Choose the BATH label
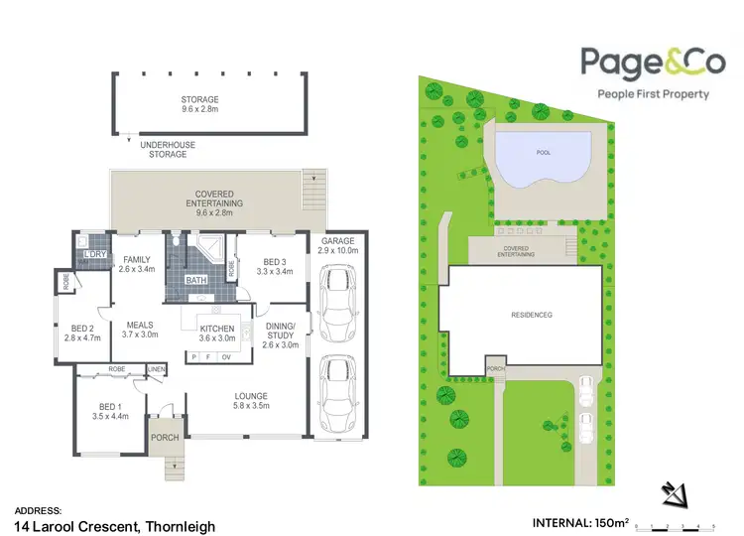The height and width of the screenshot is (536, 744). (198, 280)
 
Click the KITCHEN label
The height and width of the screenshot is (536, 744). (217, 329)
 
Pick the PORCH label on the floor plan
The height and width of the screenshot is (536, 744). (164, 436)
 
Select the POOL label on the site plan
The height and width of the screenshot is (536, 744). (543, 154)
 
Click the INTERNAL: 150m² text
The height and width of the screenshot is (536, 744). (580, 522)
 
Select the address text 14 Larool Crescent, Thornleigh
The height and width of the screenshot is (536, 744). (114, 525)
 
